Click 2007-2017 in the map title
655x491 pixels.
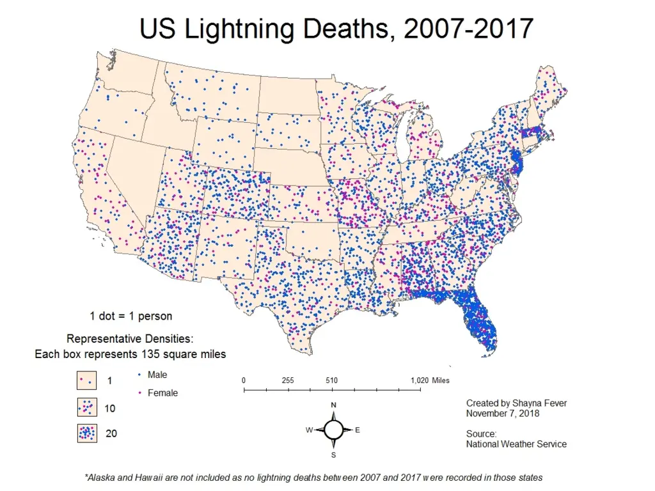(469, 28)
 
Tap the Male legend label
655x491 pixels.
(157, 375)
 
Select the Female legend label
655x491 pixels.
(162, 393)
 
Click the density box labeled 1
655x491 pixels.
(86, 380)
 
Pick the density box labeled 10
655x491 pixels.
(87, 407)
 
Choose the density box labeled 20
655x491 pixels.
(87, 433)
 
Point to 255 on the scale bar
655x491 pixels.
(288, 380)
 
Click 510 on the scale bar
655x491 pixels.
(332, 380)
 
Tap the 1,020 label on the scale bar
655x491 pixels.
(420, 380)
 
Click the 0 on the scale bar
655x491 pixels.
(244, 380)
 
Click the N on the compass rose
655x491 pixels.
(333, 405)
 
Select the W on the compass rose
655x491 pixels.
(309, 430)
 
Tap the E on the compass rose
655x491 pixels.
(358, 430)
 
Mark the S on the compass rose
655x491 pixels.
(333, 455)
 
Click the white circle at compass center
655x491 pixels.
(333, 430)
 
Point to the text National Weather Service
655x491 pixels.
(516, 444)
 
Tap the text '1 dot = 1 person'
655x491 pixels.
(130, 316)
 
